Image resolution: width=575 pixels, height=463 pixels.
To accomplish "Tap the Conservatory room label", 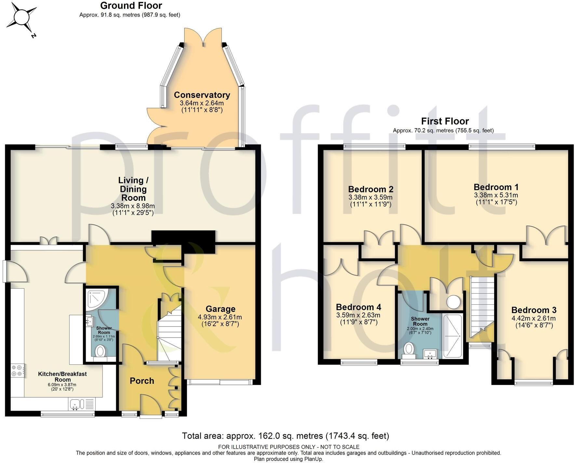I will tap(202, 95).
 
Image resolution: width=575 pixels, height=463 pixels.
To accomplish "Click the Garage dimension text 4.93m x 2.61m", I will tap(220, 317).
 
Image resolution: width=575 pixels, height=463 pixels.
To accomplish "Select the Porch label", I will tap(142, 381).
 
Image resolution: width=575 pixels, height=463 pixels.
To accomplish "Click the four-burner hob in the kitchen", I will tap(17, 370).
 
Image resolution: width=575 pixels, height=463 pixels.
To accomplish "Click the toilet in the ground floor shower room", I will tap(101, 351).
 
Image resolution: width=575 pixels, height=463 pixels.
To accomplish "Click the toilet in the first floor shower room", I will tap(408, 350).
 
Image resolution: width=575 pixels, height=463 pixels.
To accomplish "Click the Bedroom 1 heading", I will tap(496, 187).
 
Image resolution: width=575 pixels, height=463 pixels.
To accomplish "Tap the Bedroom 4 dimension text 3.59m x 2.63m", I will tap(358, 315).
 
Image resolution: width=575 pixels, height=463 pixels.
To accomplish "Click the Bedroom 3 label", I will tap(533, 310).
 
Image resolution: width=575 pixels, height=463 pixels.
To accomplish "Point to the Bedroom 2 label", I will tap(370, 189).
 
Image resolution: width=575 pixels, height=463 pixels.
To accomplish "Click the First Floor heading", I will tap(445, 121).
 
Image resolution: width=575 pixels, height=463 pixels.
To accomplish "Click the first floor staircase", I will tap(481, 306).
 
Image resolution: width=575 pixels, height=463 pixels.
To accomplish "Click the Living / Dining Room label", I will tap(133, 189).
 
